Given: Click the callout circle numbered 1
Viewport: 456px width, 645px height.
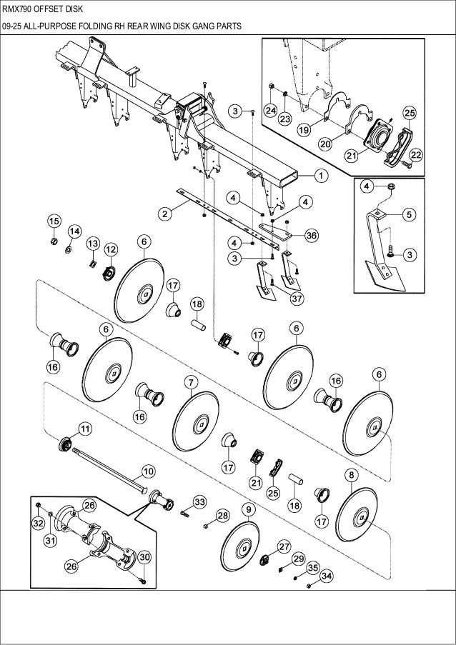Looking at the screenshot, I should click(319, 174).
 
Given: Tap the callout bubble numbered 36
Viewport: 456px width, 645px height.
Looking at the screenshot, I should click(311, 235).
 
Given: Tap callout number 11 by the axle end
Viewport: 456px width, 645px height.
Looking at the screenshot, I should click(84, 429).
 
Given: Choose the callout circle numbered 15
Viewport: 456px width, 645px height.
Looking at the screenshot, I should click(54, 220).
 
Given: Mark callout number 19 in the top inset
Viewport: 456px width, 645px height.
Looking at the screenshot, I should click(303, 130).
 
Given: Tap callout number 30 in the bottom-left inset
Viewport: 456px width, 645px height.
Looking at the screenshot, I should click(143, 557).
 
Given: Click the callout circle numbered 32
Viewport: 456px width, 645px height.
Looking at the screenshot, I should click(38, 524).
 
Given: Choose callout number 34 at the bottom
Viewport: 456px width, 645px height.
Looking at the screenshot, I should click(326, 575).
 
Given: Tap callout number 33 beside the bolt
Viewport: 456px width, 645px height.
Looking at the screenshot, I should click(199, 502).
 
